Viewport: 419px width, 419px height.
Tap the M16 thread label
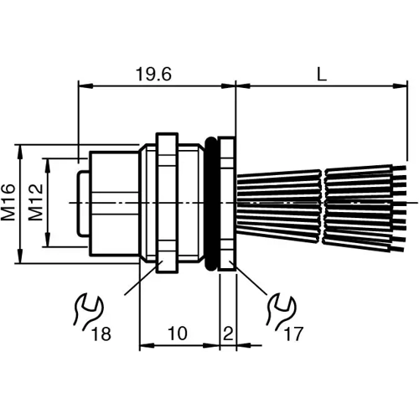click(x=9, y=203)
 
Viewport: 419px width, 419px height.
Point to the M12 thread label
click(x=36, y=203)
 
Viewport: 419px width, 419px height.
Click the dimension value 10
click(x=177, y=334)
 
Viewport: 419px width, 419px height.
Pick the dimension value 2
click(x=227, y=334)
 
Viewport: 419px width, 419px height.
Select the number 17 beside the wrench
click(x=292, y=334)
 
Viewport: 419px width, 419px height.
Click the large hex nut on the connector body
click(x=165, y=204)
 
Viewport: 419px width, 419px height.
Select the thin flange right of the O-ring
click(x=227, y=204)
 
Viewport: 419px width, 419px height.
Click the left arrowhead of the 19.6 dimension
click(x=82, y=85)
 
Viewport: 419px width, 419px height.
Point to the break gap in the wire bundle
click(x=324, y=204)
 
